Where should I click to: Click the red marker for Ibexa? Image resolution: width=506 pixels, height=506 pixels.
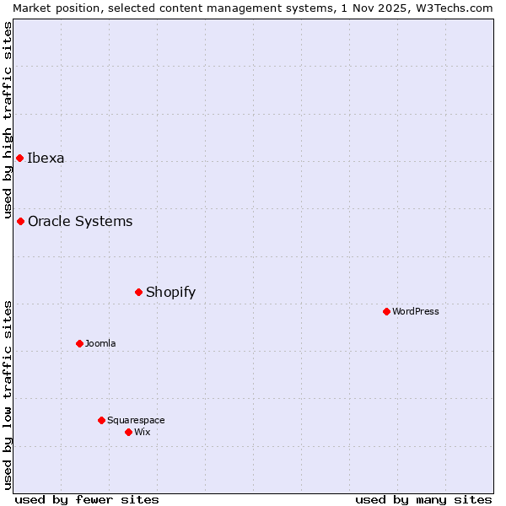coord(19,158)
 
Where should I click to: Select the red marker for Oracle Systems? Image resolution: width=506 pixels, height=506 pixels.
coord(20,221)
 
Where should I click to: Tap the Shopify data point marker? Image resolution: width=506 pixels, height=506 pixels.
coord(138,292)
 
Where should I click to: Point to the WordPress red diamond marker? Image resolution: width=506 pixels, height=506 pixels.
coord(386,311)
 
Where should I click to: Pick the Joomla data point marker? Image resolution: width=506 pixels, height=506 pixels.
coord(79,343)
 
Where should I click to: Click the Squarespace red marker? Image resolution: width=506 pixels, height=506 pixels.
coord(101,420)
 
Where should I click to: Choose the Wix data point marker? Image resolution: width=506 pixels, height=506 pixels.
coord(128,432)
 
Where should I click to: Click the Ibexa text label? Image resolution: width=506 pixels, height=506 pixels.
coord(46,158)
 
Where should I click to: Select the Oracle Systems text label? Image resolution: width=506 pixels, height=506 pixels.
coord(80,221)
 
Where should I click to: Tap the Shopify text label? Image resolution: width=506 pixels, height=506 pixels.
coord(170,292)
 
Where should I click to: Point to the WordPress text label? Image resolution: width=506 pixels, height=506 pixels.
coord(416,311)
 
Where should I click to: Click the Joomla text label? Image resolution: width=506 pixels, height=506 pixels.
coord(100,343)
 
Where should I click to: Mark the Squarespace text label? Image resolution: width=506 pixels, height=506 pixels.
coord(136,420)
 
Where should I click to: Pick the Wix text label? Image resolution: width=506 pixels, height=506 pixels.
coord(143,432)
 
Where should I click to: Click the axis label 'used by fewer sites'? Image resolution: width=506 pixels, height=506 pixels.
coord(87,499)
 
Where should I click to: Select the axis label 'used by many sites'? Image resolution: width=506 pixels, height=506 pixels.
coord(423,499)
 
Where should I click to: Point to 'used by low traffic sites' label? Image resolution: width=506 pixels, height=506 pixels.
coord(8,395)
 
